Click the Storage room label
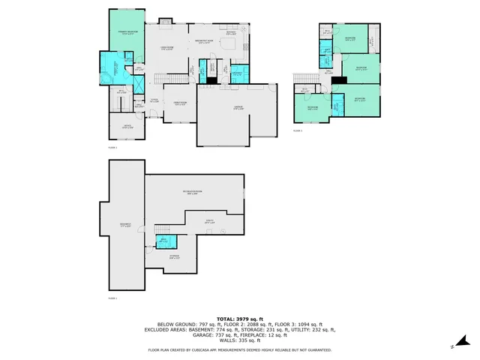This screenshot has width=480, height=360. pos(174,257)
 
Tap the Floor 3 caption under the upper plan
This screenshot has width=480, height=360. pos(297,130)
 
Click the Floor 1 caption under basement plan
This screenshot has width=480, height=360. pos(113,299)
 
